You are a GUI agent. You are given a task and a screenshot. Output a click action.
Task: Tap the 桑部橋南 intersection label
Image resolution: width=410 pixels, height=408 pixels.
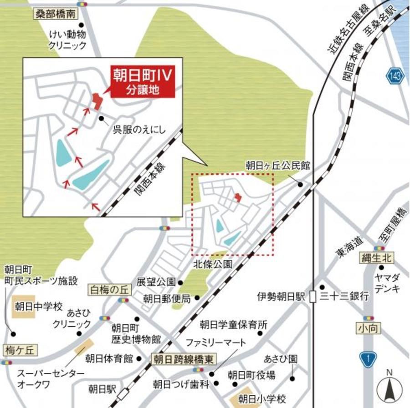coord(54,15)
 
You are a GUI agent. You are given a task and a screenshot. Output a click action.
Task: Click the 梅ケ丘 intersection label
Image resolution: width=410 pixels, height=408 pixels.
coord(19,349)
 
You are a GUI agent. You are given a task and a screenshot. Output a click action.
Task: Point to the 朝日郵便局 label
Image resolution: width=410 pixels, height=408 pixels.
coord(166,298)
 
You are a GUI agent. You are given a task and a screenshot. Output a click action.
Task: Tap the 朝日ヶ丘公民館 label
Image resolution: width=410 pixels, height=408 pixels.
coord(278,166)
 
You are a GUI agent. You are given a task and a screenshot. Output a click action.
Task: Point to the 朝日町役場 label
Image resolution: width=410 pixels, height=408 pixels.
coord(251,375)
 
